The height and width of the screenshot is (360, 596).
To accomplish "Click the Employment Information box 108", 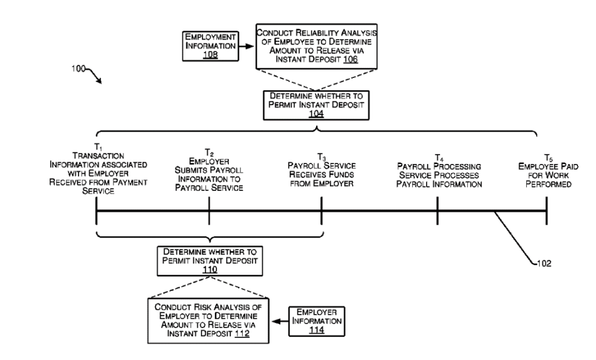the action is [x=210, y=46].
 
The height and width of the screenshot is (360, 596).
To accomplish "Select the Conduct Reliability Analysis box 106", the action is [x=316, y=47].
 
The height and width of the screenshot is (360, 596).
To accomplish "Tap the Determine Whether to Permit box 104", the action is [x=316, y=105].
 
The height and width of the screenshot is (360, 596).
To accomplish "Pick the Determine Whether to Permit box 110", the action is [x=210, y=261].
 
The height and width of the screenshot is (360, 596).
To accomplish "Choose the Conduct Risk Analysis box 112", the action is [x=208, y=321].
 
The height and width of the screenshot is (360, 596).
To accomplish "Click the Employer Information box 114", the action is [x=317, y=321].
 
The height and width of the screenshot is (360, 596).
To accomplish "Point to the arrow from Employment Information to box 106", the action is [x=246, y=47].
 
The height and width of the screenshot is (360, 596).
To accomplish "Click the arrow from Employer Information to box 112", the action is [x=279, y=321].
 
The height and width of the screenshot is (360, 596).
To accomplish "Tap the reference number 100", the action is [x=79, y=69].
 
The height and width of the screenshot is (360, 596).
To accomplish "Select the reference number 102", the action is [x=544, y=263].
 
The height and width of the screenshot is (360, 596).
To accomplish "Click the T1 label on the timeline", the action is [x=98, y=147].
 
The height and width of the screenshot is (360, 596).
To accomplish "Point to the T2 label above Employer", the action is [x=209, y=152].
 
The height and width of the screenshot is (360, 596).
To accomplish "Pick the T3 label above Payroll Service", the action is [x=321, y=157].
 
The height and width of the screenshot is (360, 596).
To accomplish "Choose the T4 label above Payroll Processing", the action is [x=439, y=158].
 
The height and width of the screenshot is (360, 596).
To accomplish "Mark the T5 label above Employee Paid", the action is [x=548, y=158].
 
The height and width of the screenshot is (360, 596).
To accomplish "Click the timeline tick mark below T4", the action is [x=438, y=211].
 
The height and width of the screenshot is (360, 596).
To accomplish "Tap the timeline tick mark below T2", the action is [x=209, y=211].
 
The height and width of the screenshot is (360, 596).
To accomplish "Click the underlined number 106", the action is [x=350, y=59].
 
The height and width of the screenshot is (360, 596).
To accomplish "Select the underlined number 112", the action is [x=242, y=334].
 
